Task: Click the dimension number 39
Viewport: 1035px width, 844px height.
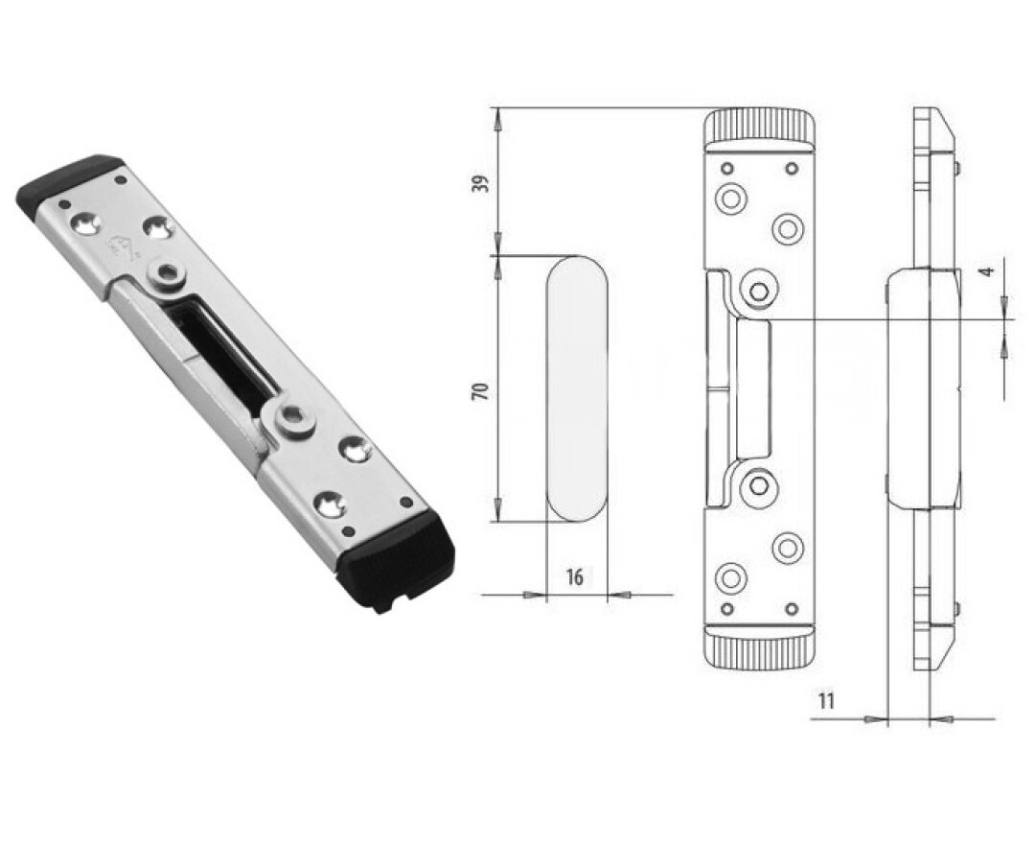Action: [x=484, y=183]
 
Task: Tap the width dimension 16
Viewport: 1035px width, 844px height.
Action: [x=575, y=577]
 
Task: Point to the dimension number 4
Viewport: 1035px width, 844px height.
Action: [x=986, y=270]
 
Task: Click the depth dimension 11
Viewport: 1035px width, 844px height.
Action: [x=827, y=700]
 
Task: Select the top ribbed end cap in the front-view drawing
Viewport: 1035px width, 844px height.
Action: [x=759, y=129]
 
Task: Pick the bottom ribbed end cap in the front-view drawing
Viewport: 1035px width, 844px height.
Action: [x=759, y=648]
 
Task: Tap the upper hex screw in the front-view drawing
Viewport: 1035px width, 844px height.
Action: [x=760, y=291]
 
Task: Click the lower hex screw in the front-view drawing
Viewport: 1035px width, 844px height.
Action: [x=760, y=486]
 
